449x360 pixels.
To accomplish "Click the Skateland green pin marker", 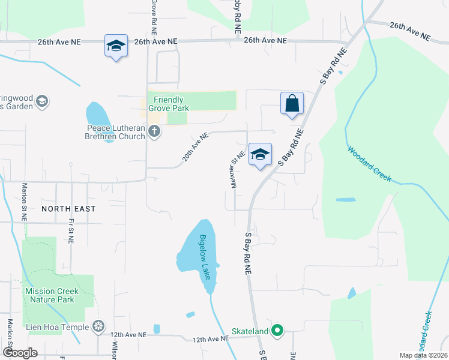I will [x=277, y=330].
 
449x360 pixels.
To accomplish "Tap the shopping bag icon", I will [x=292, y=103].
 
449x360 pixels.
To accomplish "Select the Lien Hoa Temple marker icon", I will [x=98, y=327].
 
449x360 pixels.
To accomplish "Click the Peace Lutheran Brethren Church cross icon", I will [x=154, y=131].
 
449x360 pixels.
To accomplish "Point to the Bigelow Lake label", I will [x=205, y=257].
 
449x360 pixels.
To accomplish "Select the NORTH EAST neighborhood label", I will [x=68, y=208].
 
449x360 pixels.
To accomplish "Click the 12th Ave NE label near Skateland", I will [x=211, y=339].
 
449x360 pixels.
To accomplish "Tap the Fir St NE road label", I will [x=71, y=230].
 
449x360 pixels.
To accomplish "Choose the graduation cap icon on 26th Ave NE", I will [x=116, y=46].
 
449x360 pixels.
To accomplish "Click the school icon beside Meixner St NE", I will [x=260, y=155].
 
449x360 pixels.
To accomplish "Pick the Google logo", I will [x=20, y=353].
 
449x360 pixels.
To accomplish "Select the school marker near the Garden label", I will [x=42, y=101].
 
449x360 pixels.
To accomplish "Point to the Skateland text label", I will [x=250, y=331].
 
